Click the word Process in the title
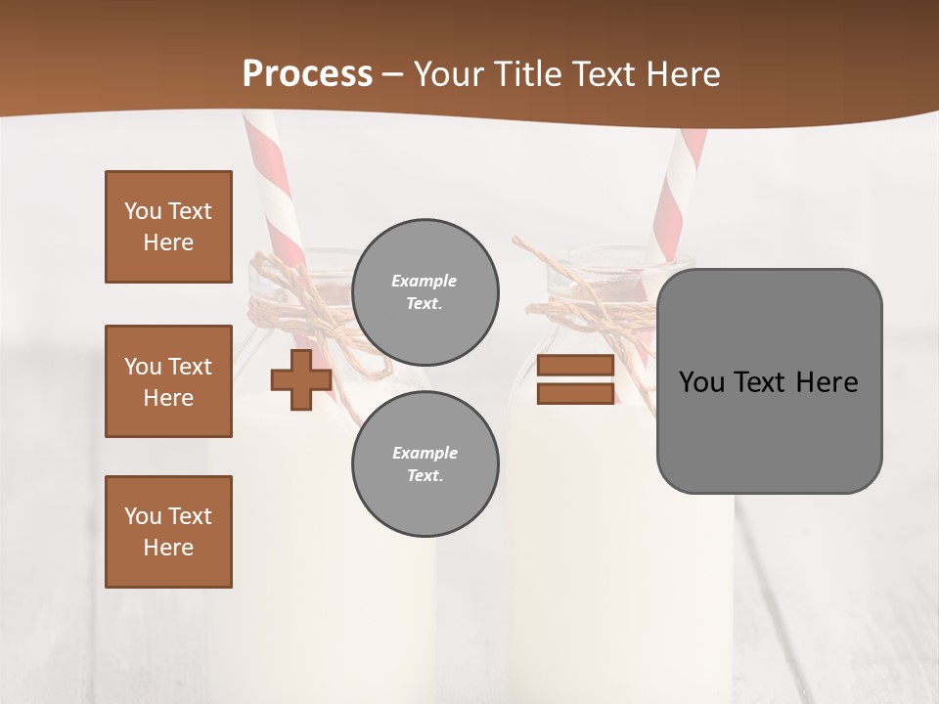[307, 74]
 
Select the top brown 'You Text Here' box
[168, 227]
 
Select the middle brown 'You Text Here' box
[168, 381]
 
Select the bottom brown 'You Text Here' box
[168, 532]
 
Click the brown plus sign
[300, 380]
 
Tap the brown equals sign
[575, 380]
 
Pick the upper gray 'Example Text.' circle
[425, 292]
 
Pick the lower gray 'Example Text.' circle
[425, 464]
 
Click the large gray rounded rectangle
[769, 381]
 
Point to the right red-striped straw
[681, 196]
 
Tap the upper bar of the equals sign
[575, 366]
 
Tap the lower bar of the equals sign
[575, 394]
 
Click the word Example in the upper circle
[425, 282]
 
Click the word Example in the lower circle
[425, 454]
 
